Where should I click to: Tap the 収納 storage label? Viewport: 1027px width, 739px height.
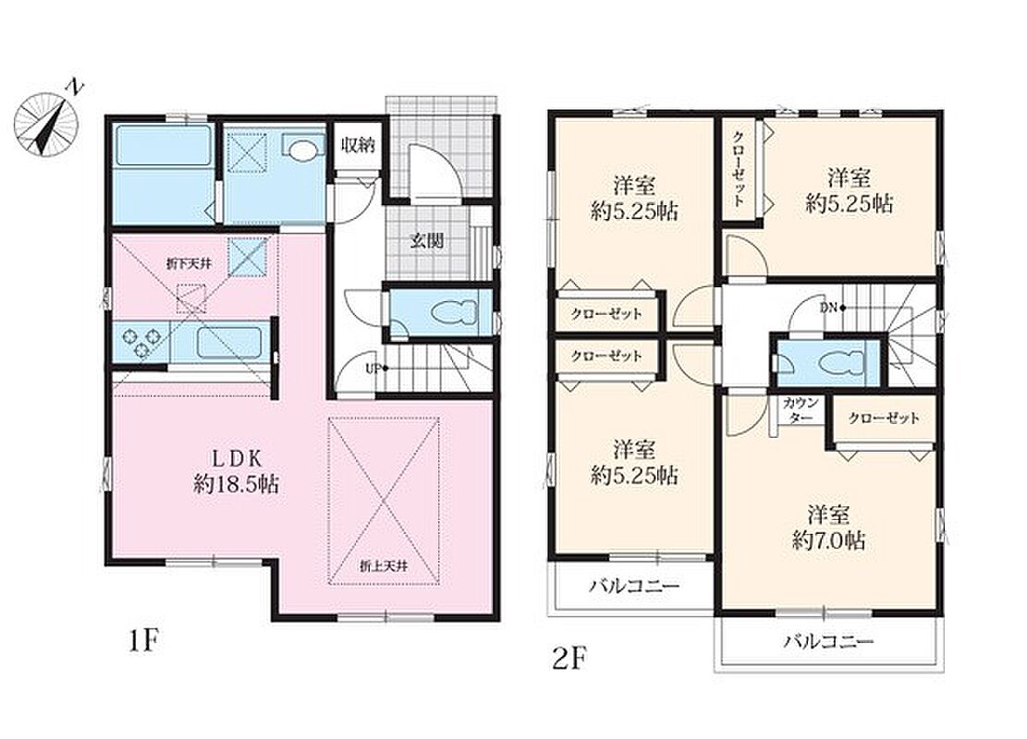(x=357, y=145)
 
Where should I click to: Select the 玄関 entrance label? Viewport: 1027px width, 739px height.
(x=427, y=241)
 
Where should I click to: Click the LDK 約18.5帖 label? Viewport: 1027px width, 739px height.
(x=237, y=471)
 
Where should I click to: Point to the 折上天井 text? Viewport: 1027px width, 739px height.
(x=384, y=565)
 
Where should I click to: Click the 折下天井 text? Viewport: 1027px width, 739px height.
(x=188, y=264)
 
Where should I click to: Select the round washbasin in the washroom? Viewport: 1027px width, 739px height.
(x=301, y=150)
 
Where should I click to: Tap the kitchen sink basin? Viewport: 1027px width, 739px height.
(x=229, y=342)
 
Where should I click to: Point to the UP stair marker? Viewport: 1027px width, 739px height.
(x=374, y=369)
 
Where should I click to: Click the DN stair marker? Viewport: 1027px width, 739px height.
(x=832, y=308)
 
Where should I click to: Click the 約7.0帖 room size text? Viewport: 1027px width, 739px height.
(x=828, y=540)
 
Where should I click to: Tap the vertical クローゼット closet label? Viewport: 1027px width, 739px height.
(x=738, y=169)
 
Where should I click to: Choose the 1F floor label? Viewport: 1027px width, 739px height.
(x=142, y=642)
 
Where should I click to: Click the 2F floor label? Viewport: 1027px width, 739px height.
(x=568, y=659)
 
